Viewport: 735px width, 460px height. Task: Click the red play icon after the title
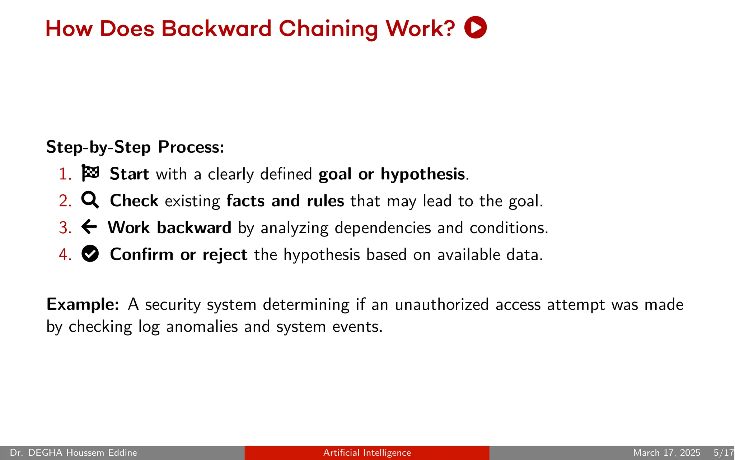tap(475, 27)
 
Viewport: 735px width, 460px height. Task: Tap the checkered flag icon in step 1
tap(90, 173)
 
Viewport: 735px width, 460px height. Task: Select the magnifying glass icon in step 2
tap(90, 200)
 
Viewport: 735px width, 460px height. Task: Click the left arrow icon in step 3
tap(89, 227)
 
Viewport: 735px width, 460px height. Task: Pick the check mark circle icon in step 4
tap(90, 254)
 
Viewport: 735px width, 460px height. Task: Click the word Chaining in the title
tap(328, 29)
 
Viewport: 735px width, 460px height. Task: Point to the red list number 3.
tap(65, 228)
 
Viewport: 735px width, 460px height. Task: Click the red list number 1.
tap(65, 174)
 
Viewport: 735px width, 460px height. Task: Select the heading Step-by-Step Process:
tap(135, 147)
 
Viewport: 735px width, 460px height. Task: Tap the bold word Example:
tap(83, 304)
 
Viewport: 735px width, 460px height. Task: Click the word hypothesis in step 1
tap(422, 174)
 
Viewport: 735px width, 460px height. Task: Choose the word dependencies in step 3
tap(382, 228)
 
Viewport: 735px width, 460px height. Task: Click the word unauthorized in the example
tap(441, 304)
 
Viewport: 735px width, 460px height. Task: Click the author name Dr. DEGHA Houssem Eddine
tap(74, 452)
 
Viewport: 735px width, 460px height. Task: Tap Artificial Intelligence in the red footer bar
tap(367, 452)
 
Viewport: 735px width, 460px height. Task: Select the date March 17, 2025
tap(666, 452)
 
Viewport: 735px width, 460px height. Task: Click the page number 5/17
tap(723, 452)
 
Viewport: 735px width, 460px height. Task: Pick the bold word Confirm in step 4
tap(141, 254)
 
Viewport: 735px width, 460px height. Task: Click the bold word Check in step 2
tap(134, 201)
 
